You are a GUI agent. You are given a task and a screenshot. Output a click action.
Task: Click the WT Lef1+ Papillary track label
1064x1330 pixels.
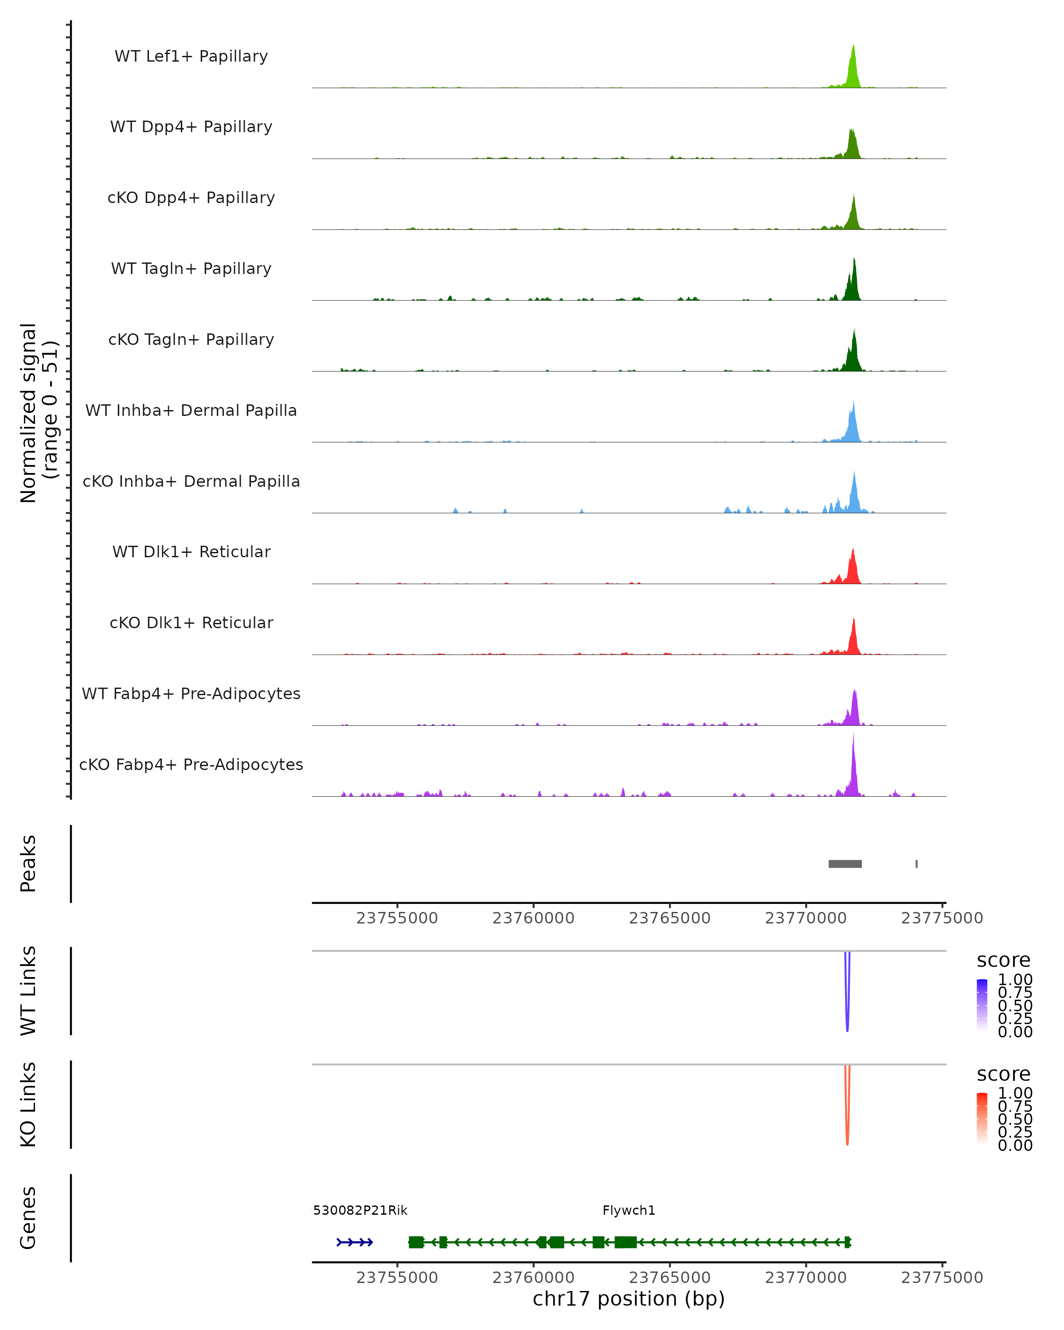pyautogui.click(x=191, y=56)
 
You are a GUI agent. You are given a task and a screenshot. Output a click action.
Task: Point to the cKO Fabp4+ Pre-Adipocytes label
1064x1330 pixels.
pyautogui.click(x=191, y=764)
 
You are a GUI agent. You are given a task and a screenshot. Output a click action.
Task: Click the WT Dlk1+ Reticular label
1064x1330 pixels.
pyautogui.click(x=191, y=552)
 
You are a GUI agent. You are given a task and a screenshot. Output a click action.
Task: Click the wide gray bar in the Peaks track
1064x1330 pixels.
pyautogui.click(x=845, y=864)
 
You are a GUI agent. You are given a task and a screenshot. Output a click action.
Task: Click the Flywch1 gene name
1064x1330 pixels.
pyautogui.click(x=629, y=1210)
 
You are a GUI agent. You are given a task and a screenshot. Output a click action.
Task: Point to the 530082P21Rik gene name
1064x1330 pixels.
pyautogui.click(x=360, y=1210)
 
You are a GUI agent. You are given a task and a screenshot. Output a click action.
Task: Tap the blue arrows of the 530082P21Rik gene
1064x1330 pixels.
pyautogui.click(x=355, y=1242)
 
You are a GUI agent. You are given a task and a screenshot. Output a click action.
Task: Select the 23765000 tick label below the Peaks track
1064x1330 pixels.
pyautogui.click(x=669, y=918)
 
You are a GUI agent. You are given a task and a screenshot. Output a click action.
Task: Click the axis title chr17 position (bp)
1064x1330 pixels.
pyautogui.click(x=629, y=1299)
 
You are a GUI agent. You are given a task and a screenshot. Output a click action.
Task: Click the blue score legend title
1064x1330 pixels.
pyautogui.click(x=1003, y=961)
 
